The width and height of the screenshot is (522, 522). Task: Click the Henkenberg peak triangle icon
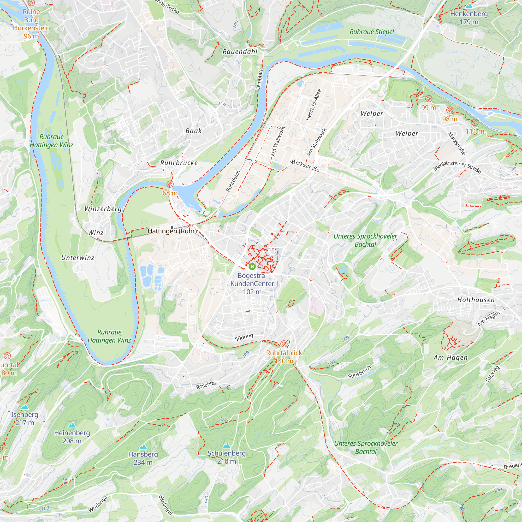click(469, 6)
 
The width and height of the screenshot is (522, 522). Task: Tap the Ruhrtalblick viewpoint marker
click(284, 344)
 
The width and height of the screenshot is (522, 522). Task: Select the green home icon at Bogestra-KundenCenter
click(252, 267)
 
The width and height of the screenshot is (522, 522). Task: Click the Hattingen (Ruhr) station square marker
click(172, 228)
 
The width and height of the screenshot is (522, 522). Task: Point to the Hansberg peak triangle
click(143, 447)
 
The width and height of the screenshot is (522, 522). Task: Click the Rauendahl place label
click(240, 52)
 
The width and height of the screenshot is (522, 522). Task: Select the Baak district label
click(193, 131)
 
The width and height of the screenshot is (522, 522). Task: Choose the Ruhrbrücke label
click(179, 163)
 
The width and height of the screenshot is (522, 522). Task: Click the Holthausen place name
click(476, 300)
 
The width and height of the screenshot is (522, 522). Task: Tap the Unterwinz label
click(78, 258)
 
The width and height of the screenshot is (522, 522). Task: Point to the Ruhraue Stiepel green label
click(372, 32)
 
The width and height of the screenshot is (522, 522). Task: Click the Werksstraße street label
click(305, 166)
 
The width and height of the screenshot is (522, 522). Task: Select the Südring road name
click(244, 337)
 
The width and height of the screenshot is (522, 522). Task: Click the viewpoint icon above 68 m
click(170, 184)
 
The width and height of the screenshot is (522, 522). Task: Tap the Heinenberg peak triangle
click(72, 425)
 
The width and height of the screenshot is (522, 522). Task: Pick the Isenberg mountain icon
click(25, 407)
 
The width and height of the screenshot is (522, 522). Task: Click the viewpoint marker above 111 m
click(475, 122)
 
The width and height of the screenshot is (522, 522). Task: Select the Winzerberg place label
click(103, 209)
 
